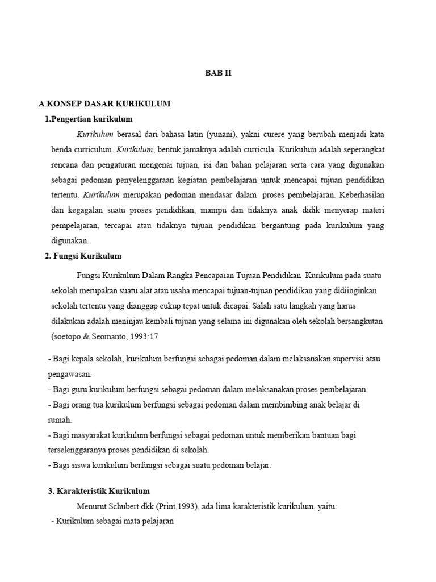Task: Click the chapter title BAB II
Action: coord(218,73)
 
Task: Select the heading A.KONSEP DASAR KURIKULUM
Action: coord(104,104)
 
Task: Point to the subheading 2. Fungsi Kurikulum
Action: coord(83,256)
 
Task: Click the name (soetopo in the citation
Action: coord(67,336)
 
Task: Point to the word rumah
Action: coord(58,421)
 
